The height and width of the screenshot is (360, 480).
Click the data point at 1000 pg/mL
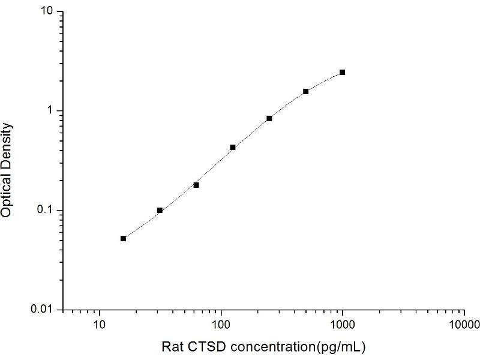[x=342, y=72]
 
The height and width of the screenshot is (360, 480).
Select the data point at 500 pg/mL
[x=305, y=91]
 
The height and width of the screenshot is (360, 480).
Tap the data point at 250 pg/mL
[x=269, y=118]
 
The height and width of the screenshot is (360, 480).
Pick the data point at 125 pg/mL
[x=233, y=147]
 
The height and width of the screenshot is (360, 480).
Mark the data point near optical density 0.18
[x=196, y=185]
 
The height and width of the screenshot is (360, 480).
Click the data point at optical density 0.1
[x=160, y=210]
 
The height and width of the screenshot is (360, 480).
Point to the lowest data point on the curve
[x=123, y=238]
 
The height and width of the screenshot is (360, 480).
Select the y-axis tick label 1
[x=53, y=111]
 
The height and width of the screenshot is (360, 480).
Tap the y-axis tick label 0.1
[x=48, y=210]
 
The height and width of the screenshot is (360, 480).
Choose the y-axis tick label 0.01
[x=46, y=309]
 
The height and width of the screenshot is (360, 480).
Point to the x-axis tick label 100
[x=221, y=326]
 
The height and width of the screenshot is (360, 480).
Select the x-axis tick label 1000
[x=343, y=326]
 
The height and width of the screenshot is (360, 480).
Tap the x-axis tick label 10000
[x=464, y=326]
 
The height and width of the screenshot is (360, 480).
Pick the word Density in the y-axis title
[x=8, y=143]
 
